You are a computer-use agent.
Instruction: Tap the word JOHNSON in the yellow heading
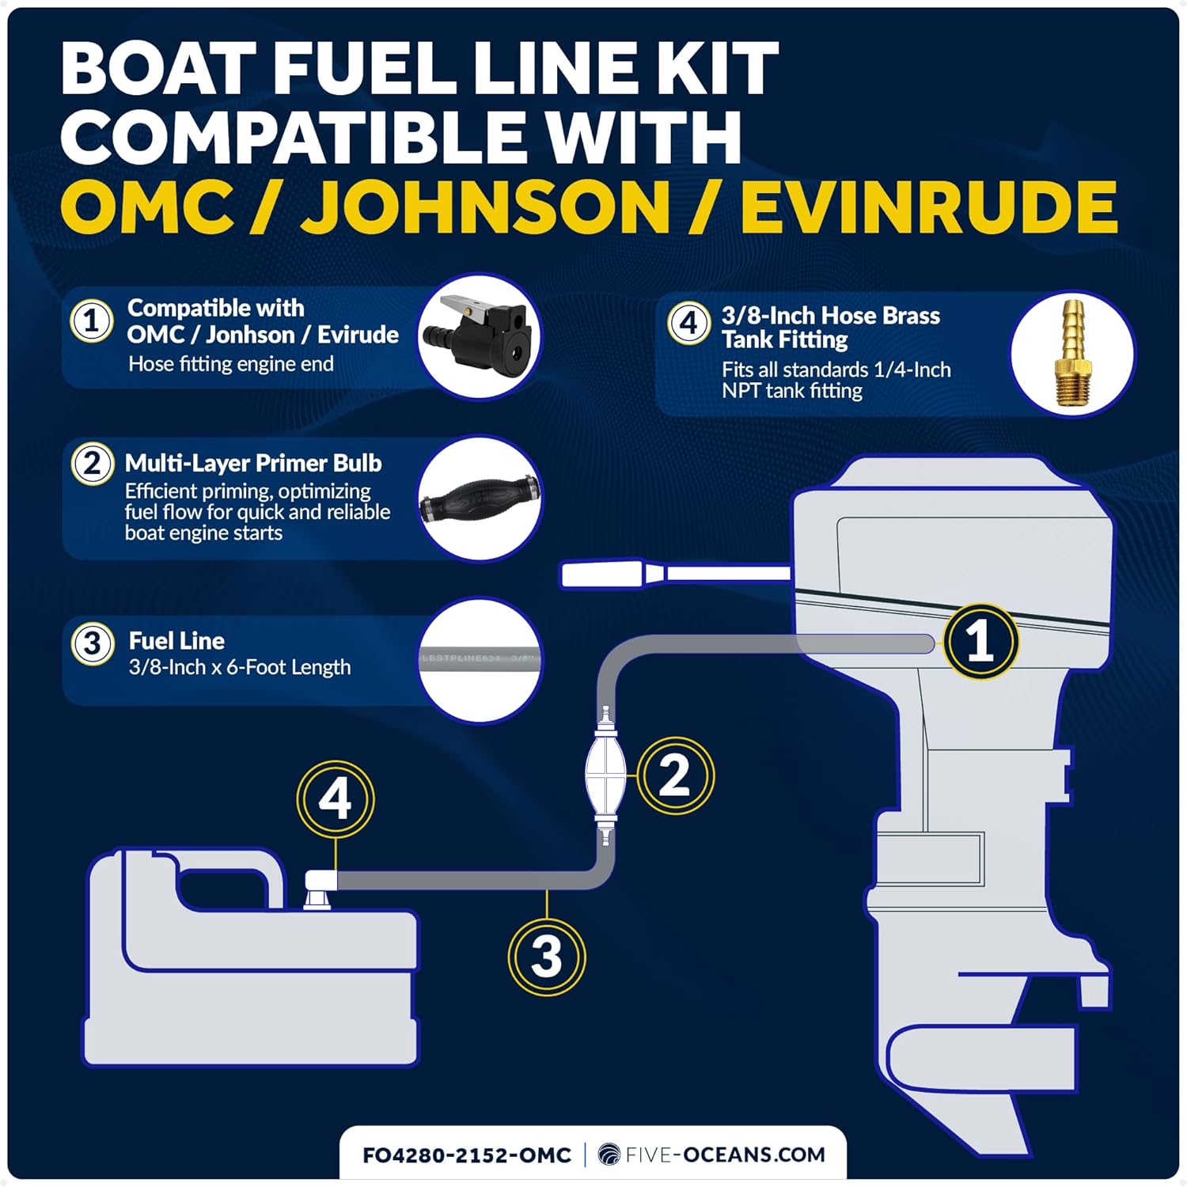(x=486, y=207)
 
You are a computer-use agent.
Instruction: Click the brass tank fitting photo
(x=1072, y=353)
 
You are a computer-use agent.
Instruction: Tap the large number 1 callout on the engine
(x=980, y=640)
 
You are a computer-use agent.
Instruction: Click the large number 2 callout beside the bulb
(x=674, y=776)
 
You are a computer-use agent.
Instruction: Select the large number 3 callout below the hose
(x=546, y=956)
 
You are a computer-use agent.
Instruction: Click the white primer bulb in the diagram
(x=605, y=766)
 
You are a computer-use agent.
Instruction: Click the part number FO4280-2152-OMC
(x=467, y=1155)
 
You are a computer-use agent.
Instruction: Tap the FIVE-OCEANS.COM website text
(x=724, y=1155)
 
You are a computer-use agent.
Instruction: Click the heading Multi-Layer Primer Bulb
(x=253, y=463)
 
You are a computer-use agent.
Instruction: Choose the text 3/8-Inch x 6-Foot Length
(x=240, y=667)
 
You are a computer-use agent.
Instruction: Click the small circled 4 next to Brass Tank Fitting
(x=688, y=323)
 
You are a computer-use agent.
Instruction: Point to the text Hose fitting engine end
(x=231, y=364)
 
